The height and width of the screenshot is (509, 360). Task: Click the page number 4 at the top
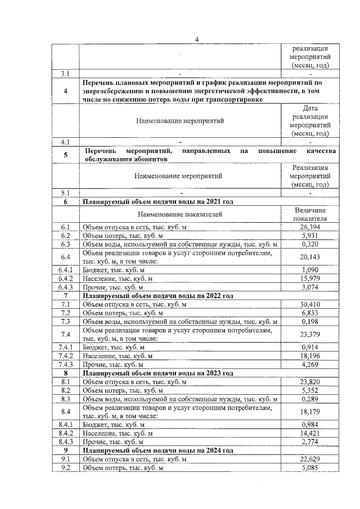(x=197, y=39)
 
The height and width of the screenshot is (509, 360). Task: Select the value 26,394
(x=310, y=226)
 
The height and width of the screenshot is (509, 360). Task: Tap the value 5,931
(x=310, y=235)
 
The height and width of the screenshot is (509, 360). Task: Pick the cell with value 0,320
(x=310, y=244)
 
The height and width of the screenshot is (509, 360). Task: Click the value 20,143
(x=310, y=256)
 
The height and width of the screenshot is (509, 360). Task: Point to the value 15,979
(x=310, y=278)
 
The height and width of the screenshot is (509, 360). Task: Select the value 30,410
(x=310, y=304)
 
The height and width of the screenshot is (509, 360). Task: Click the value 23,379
(x=310, y=335)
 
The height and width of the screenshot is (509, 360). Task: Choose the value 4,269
(x=310, y=365)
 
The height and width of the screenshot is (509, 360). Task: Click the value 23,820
(x=310, y=382)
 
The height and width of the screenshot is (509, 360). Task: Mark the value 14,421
(x=310, y=434)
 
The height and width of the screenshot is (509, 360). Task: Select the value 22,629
(x=310, y=460)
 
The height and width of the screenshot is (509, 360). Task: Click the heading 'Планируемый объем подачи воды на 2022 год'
(x=157, y=296)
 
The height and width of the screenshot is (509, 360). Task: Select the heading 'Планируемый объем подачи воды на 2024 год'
(x=157, y=451)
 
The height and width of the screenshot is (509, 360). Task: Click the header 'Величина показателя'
(x=310, y=214)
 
